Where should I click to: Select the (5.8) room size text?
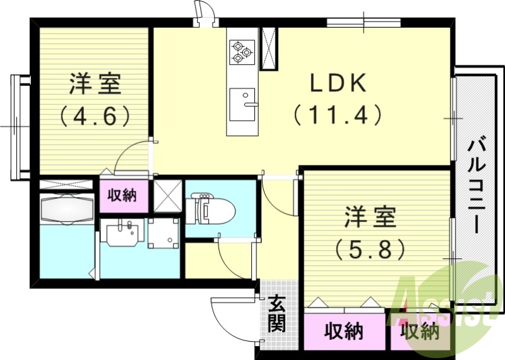(x=370, y=249)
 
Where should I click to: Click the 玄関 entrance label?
(x=276, y=314)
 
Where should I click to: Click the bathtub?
(x=67, y=208)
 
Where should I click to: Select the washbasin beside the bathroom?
(x=121, y=233)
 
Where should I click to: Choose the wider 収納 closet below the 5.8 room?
(x=344, y=332)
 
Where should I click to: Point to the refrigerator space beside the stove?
(x=269, y=49)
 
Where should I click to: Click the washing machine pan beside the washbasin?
(x=164, y=234)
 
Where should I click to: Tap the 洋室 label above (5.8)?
(x=370, y=217)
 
